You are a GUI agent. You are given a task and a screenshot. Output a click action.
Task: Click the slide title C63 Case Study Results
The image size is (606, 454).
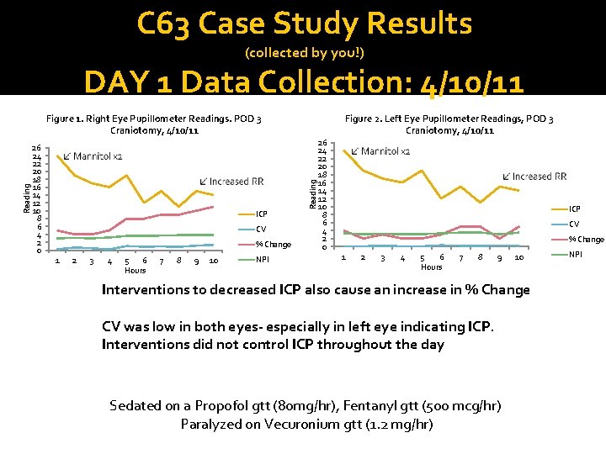(304, 24)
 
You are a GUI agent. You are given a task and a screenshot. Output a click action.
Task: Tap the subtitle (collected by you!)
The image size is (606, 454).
(304, 53)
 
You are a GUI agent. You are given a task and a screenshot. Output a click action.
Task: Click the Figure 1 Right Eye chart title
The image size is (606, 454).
(154, 124)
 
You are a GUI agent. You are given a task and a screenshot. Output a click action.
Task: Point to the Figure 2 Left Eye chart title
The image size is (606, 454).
(449, 124)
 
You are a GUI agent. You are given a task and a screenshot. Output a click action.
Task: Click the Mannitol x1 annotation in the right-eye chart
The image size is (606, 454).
(97, 156)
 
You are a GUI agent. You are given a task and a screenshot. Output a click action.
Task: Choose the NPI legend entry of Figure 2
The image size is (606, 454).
(576, 254)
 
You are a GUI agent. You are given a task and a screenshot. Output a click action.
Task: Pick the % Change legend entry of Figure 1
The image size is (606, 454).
(273, 245)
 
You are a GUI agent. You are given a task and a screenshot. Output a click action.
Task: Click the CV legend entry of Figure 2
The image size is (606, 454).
(574, 224)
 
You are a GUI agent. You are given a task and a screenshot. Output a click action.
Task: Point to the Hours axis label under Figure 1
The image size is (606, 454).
(135, 271)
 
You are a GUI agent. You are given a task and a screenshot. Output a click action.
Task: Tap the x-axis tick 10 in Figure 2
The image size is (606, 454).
(518, 257)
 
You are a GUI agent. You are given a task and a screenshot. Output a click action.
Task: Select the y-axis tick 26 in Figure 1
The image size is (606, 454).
(36, 149)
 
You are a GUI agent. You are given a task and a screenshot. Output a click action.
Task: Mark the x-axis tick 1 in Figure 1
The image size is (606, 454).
(56, 261)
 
